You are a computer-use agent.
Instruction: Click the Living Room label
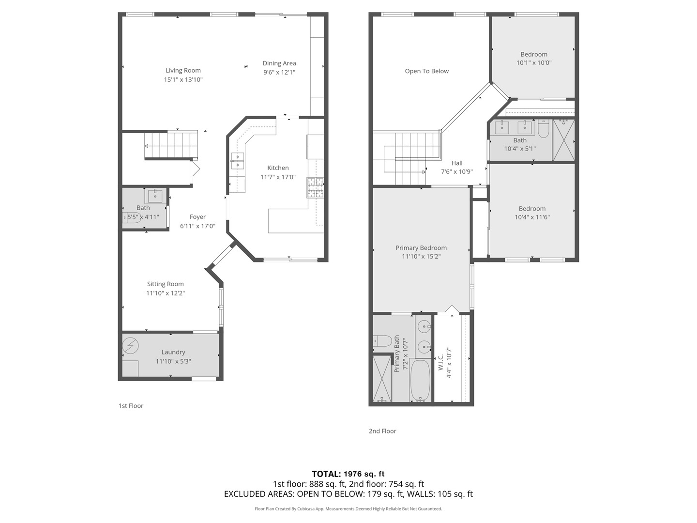183,71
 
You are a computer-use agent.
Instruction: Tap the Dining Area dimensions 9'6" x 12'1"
279,72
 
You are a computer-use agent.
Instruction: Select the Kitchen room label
278,168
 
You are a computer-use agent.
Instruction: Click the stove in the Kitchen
315,188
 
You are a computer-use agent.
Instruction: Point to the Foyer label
197,217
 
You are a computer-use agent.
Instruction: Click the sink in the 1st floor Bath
155,196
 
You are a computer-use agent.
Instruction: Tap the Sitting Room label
166,284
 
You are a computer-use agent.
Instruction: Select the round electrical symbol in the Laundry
131,346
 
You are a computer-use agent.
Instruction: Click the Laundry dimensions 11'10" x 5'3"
173,361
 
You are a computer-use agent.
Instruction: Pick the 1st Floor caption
131,406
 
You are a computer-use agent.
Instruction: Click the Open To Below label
426,71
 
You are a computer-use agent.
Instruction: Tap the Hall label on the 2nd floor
457,163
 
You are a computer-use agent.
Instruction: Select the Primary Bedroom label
421,248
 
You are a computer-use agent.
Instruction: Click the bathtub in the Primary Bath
420,381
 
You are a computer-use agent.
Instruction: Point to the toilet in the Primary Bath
382,341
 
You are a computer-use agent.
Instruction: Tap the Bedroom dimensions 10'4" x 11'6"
532,217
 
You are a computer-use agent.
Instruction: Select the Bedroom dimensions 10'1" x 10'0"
534,63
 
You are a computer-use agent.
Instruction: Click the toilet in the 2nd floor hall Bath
544,129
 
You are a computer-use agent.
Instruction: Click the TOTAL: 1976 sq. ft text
348,474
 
